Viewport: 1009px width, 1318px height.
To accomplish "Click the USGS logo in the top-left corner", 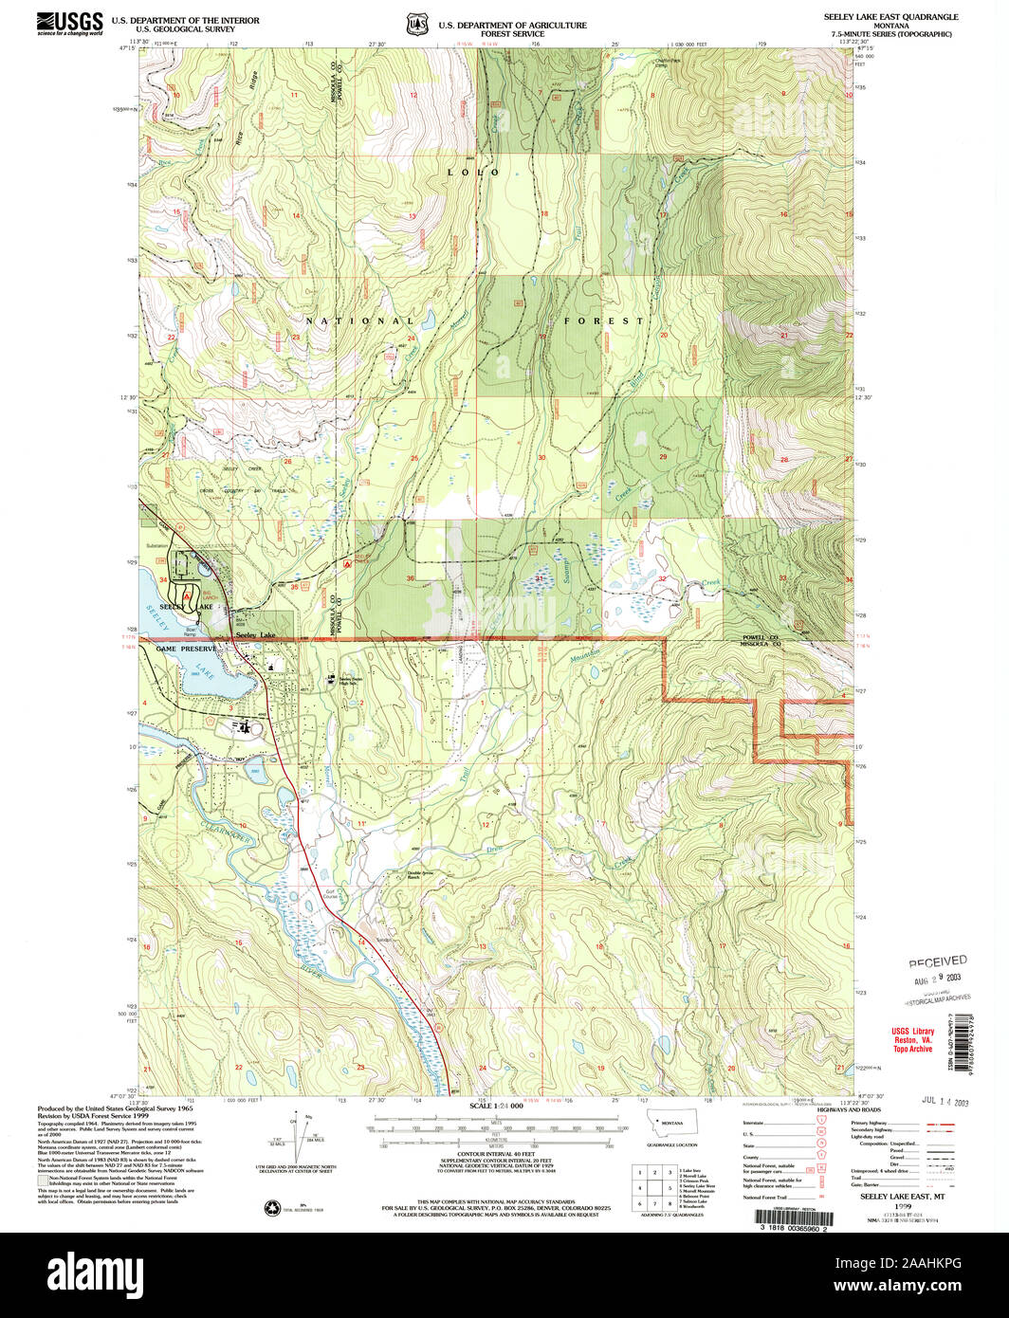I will point(68,22).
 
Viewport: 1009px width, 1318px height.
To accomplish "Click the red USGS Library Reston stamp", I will point(911,1039).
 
